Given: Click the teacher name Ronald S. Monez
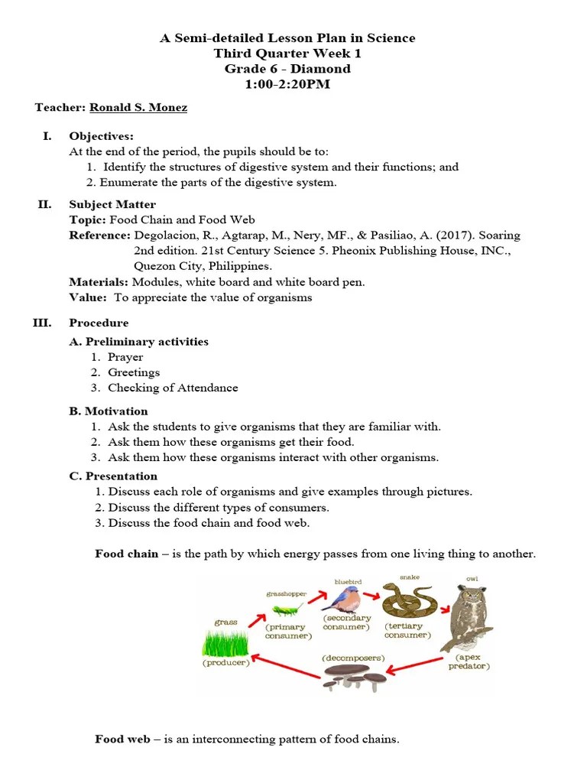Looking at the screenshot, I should click(x=138, y=108).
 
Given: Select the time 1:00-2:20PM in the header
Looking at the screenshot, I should click(x=287, y=84).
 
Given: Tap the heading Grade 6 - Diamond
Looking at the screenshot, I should click(x=287, y=69).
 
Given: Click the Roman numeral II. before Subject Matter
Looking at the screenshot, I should click(x=44, y=204).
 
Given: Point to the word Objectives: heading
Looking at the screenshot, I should click(x=101, y=136).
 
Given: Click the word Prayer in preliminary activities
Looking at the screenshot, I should click(x=125, y=357).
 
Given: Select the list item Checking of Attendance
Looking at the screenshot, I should click(x=173, y=388).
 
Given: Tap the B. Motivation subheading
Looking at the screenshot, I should click(x=109, y=411).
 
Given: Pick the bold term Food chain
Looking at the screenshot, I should click(x=127, y=554).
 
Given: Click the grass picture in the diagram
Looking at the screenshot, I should click(x=225, y=642).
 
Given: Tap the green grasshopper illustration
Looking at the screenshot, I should click(x=285, y=609).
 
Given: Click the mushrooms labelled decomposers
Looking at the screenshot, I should click(x=352, y=676).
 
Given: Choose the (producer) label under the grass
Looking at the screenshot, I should click(x=226, y=663).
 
